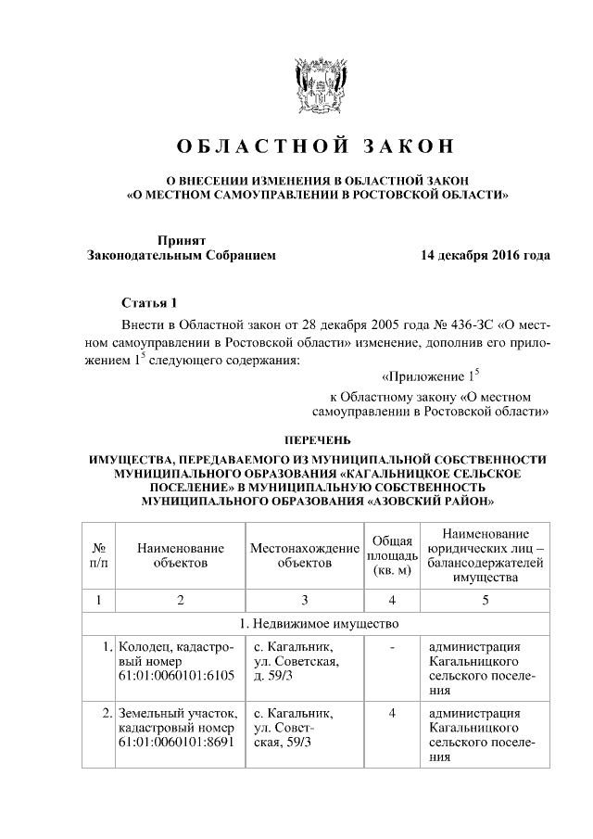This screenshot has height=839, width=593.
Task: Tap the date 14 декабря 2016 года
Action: click(486, 255)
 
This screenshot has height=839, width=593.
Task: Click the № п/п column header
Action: click(96, 555)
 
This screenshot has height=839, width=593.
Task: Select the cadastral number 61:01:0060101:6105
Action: click(177, 676)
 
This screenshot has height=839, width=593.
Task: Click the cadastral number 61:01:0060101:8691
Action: click(177, 744)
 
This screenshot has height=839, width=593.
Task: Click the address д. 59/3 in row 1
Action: click(274, 676)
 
